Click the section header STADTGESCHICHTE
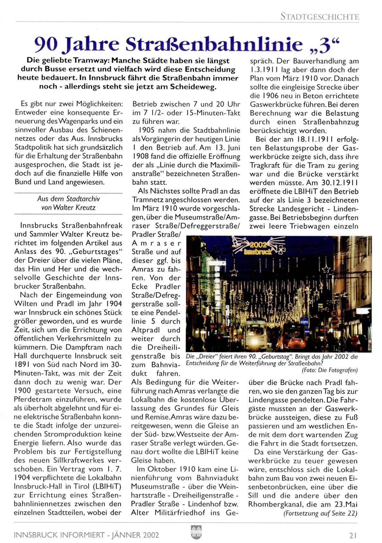tap(319, 16)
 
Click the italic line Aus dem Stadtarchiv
tap(68, 199)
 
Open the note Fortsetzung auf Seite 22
tap(320, 513)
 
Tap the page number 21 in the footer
tap(353, 535)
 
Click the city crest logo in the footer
tap(196, 532)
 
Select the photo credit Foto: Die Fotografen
tap(329, 370)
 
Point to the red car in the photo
tap(296, 343)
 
